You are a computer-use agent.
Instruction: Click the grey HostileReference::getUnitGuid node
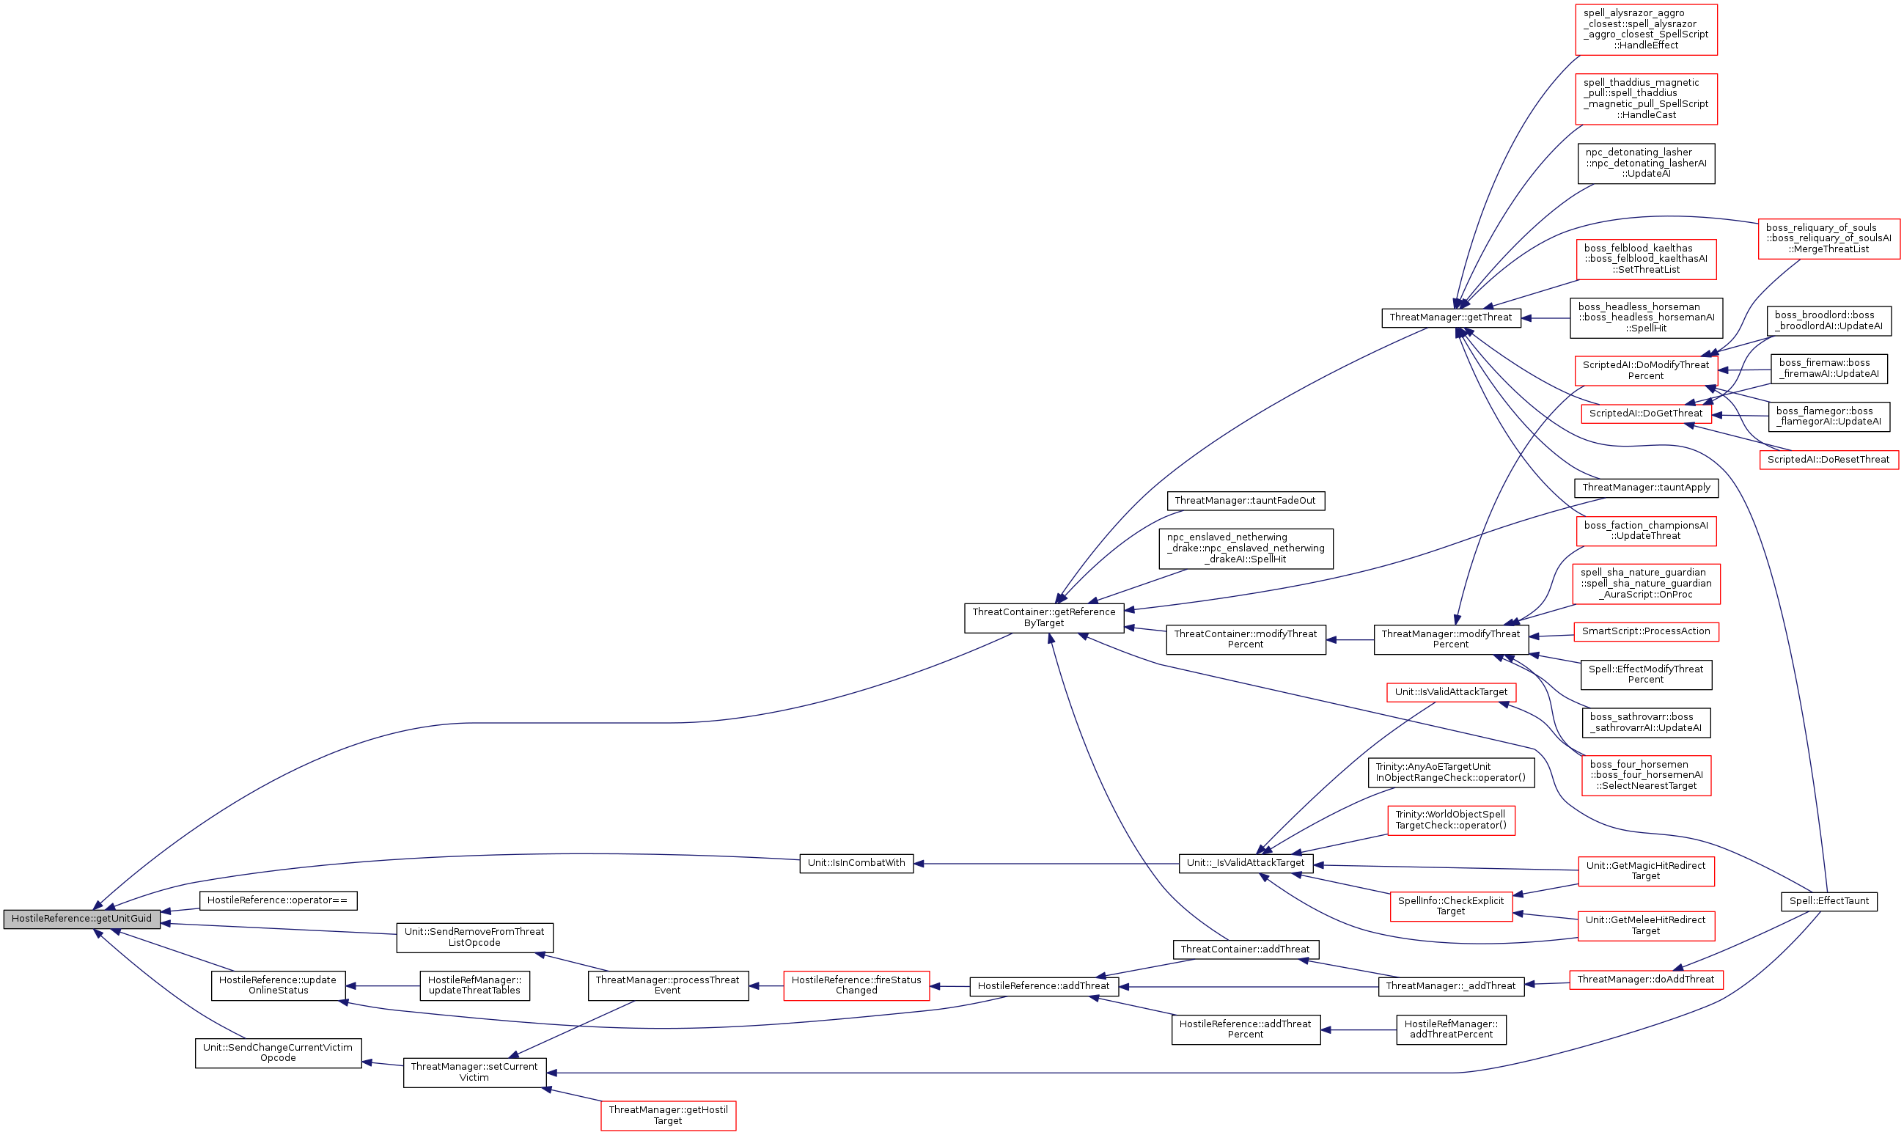[82, 919]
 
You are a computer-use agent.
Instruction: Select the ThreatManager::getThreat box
[1451, 317]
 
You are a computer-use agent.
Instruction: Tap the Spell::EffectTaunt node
[1828, 901]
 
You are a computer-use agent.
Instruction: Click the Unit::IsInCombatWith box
[856, 863]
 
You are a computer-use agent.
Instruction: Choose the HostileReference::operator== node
[278, 900]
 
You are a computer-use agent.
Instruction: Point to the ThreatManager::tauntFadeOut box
[1245, 501]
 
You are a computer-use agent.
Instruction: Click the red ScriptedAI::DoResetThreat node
[1828, 460]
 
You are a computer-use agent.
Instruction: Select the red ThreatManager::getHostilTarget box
[668, 1115]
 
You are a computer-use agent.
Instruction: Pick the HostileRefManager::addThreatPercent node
[1451, 1029]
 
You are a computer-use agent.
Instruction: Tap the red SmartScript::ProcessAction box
[1645, 632]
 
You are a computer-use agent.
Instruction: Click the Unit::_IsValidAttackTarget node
[1246, 863]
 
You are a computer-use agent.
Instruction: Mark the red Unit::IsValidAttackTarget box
[1451, 692]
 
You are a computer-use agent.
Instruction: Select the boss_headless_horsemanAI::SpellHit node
[1645, 317]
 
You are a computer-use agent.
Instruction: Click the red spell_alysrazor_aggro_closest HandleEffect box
[1645, 29]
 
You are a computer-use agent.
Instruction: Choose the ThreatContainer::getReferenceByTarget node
[1044, 617]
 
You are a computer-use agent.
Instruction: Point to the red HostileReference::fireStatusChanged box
[856, 985]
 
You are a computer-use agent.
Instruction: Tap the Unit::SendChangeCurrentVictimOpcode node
[278, 1053]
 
